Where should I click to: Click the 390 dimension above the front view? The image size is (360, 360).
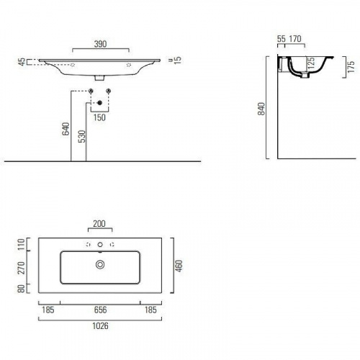point(100,44)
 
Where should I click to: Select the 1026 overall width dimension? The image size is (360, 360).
point(100,326)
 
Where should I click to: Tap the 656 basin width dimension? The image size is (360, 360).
point(100,310)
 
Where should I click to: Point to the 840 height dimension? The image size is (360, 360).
point(261,109)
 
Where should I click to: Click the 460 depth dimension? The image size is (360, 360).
point(179,266)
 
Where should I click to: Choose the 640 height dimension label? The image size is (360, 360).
point(66,129)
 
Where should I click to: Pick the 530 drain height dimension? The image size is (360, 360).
point(82,136)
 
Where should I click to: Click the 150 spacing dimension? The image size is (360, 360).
point(99,117)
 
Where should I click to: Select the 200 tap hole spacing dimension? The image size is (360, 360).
point(99,224)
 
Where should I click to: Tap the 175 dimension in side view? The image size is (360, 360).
point(351,67)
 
